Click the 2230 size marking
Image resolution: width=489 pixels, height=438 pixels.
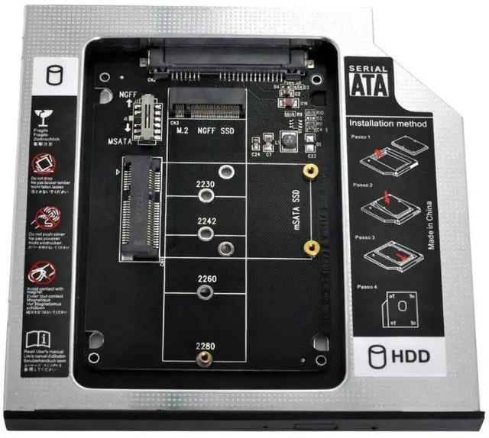[x=205, y=184]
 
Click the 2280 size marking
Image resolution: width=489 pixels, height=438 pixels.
[x=203, y=346]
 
